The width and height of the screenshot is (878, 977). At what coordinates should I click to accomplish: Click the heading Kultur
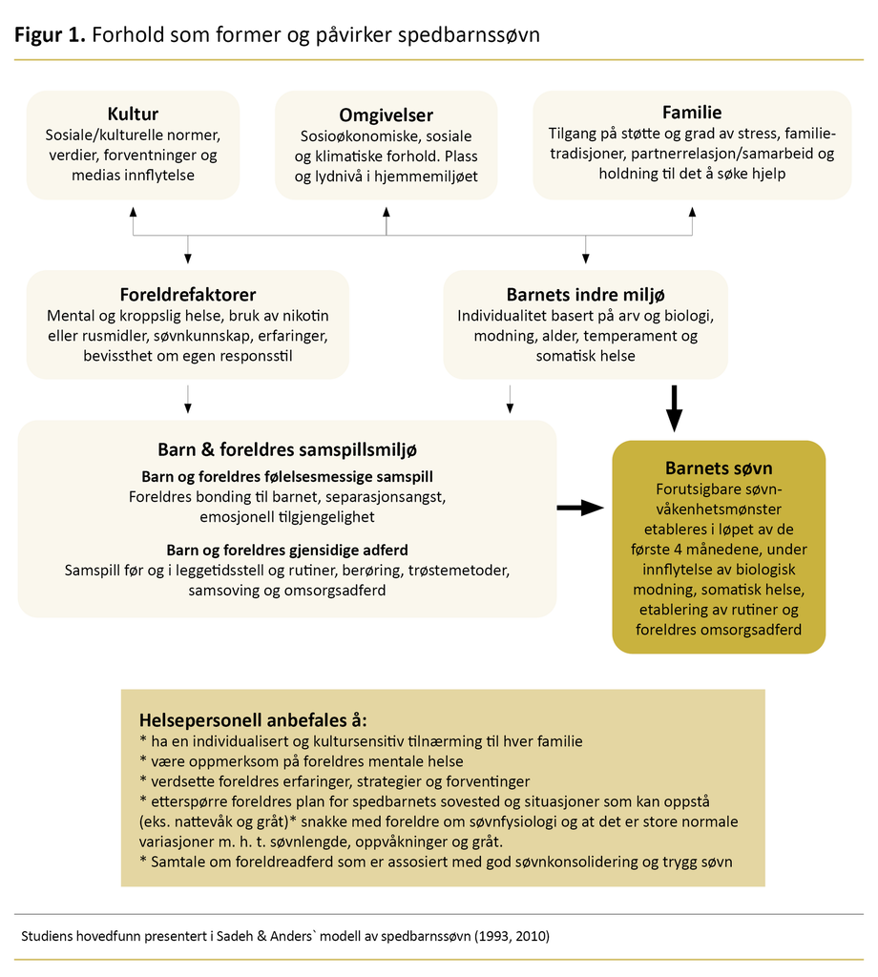tap(133, 114)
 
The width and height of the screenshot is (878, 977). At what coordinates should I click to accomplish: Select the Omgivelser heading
tap(386, 115)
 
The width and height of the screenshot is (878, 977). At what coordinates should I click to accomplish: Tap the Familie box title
tap(692, 112)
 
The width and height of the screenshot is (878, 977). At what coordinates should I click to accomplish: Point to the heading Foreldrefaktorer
tap(188, 295)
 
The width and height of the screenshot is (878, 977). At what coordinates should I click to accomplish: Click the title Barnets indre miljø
tap(585, 295)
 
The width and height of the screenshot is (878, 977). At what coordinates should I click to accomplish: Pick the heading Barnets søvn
tap(719, 468)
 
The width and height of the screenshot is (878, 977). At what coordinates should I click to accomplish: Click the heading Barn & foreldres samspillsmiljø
tap(287, 449)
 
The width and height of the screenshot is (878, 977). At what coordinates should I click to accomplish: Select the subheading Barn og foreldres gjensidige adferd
tap(287, 551)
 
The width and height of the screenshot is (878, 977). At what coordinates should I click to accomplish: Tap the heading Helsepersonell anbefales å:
tap(253, 719)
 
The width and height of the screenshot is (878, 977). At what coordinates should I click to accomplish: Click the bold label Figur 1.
tap(50, 35)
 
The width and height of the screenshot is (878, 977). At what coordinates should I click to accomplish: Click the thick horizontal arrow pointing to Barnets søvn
tap(579, 509)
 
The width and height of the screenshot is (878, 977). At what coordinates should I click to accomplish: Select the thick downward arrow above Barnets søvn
tap(675, 407)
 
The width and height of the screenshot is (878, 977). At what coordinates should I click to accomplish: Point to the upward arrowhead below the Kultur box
tap(133, 211)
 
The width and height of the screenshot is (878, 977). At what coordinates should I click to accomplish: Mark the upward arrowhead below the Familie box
tap(692, 211)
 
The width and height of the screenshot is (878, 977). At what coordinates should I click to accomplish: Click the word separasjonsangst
tap(388, 497)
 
